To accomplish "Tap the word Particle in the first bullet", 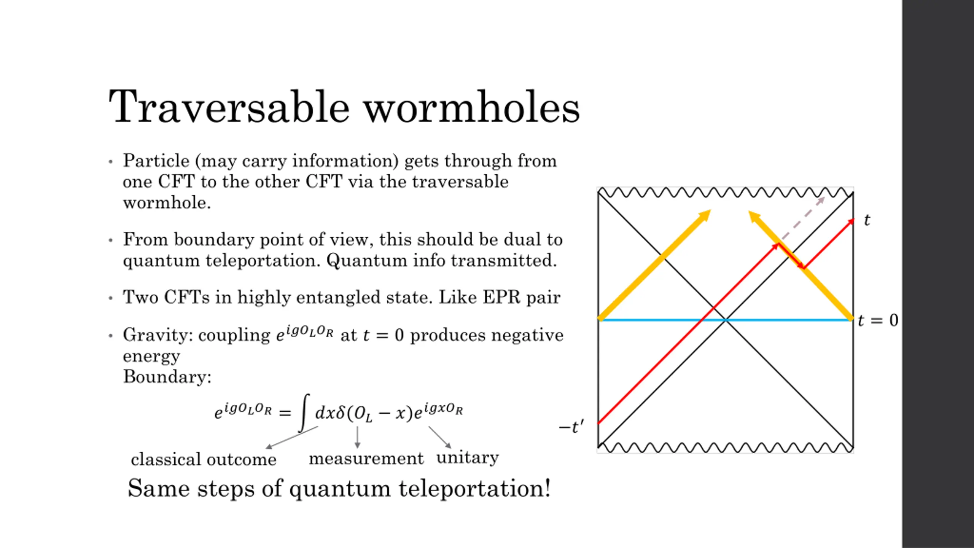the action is (x=156, y=161).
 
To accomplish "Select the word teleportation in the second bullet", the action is (x=263, y=261).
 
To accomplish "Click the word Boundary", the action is (x=167, y=377).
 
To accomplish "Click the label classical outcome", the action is (x=204, y=459).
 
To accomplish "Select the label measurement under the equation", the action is (x=366, y=458).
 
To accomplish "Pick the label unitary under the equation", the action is (x=468, y=457).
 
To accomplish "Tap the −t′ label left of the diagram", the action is (x=571, y=427).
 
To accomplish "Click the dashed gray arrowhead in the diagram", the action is (x=822, y=199).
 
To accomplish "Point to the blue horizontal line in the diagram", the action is (x=647, y=320).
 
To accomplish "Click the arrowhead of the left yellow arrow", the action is (x=706, y=214).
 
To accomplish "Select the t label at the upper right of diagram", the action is (x=867, y=220).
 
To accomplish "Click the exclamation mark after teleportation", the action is (x=547, y=488).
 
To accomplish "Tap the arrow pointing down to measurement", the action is (x=357, y=438).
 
